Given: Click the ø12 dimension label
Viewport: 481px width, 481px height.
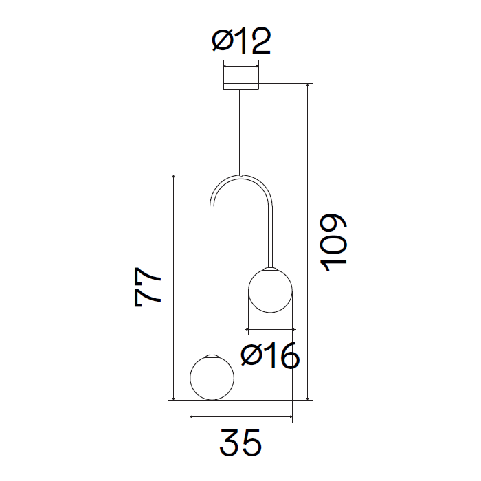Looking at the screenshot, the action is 241,41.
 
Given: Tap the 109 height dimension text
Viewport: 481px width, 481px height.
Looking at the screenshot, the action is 333,243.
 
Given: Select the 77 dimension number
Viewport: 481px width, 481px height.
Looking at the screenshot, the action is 148,287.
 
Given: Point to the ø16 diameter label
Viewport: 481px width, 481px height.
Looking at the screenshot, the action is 270,355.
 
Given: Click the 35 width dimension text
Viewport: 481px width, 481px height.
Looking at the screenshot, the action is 240,443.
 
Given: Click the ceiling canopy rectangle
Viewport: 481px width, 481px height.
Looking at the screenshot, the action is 241,87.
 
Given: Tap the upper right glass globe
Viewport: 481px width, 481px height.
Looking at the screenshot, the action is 270,290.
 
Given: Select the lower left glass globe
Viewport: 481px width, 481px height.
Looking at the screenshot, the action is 212,378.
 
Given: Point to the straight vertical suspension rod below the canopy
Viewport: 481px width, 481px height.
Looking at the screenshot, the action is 241,133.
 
